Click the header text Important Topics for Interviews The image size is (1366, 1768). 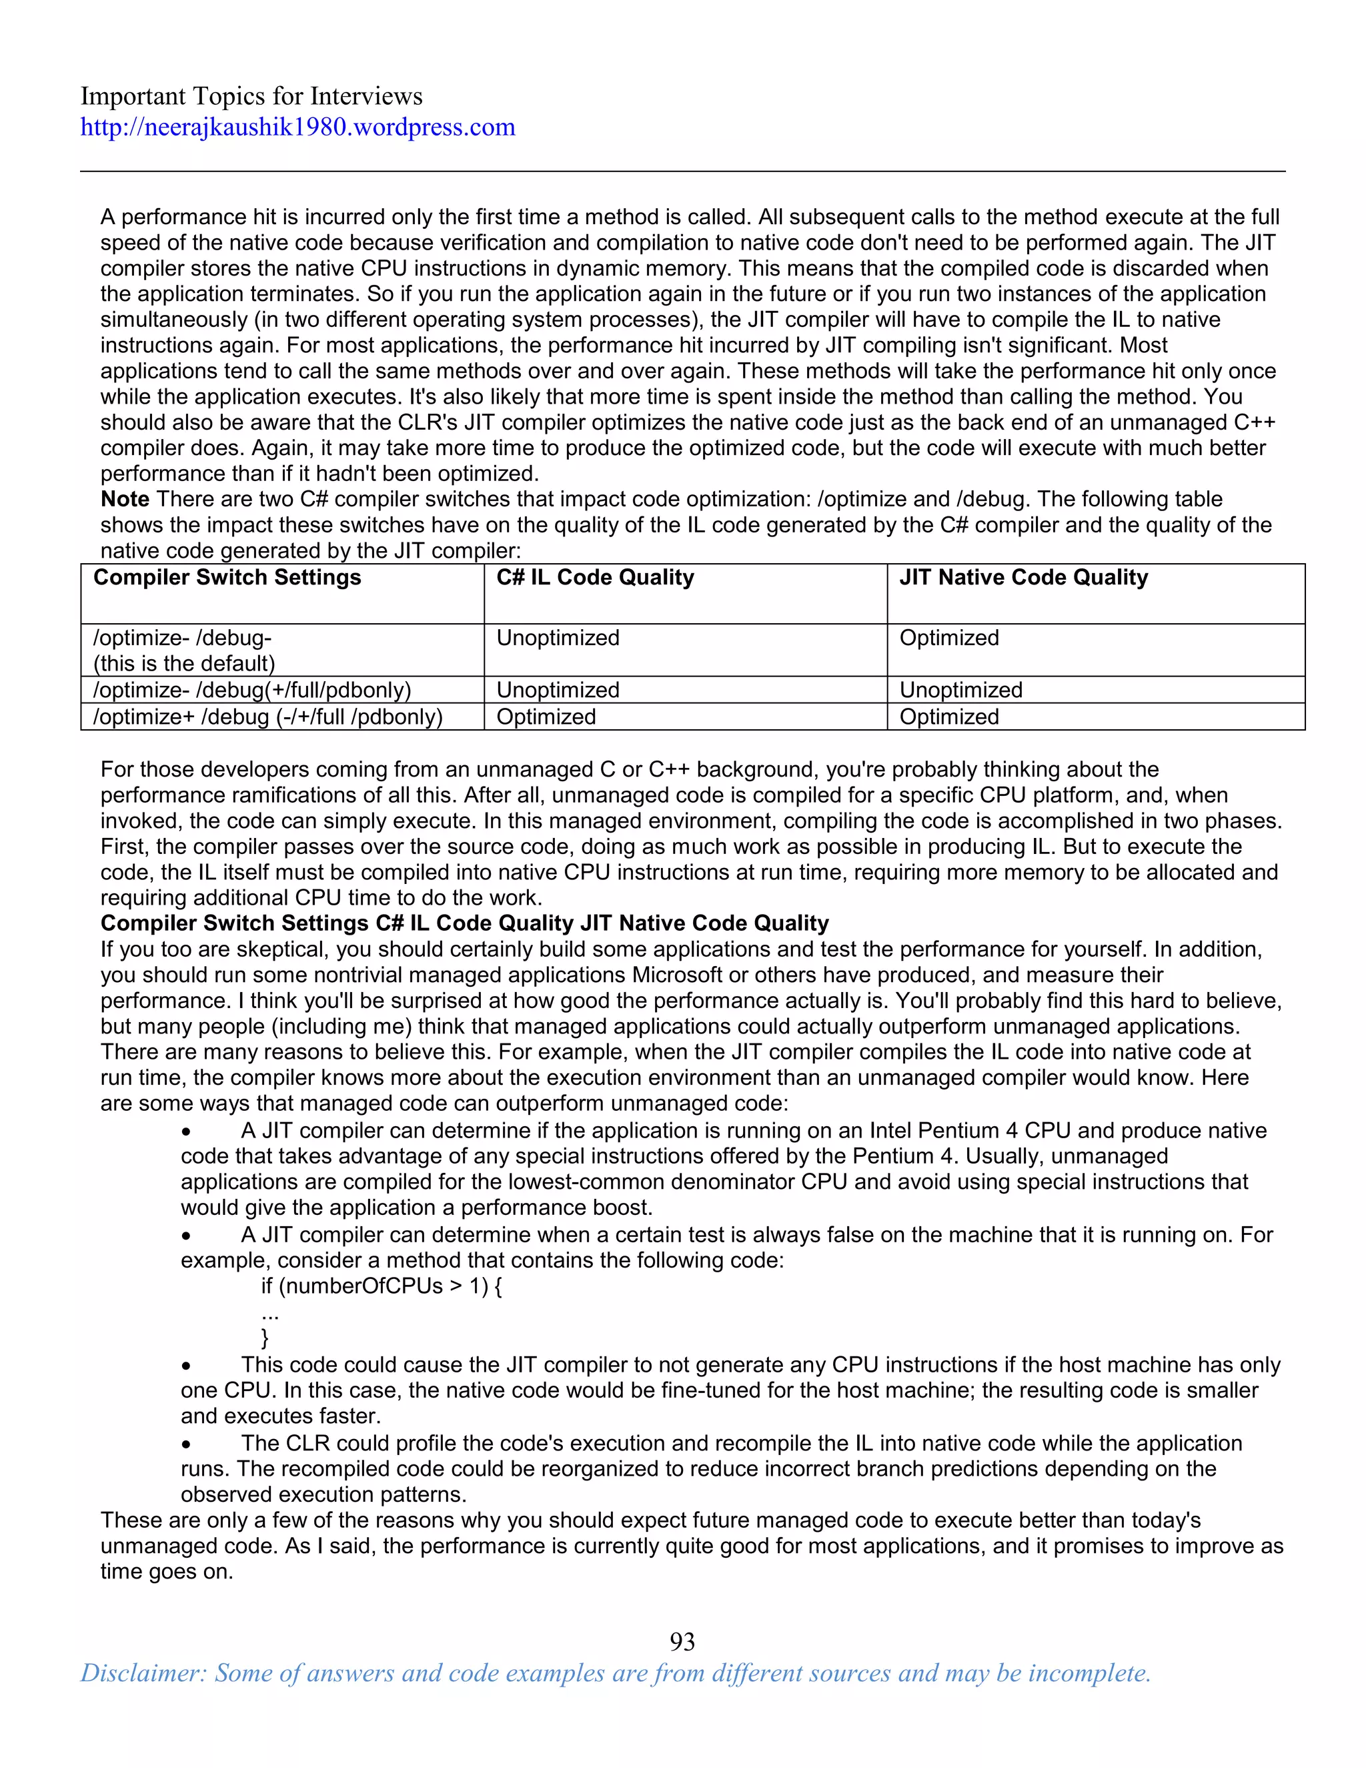click(x=251, y=96)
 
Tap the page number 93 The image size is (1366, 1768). click(x=682, y=1641)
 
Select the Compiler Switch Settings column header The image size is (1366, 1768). click(x=227, y=577)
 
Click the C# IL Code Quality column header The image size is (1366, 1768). click(x=595, y=577)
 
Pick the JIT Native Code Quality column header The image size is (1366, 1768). click(x=1023, y=577)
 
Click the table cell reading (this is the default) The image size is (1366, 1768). click(x=185, y=664)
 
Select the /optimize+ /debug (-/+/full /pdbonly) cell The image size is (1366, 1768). click(x=268, y=717)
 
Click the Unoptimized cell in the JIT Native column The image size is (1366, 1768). click(x=960, y=690)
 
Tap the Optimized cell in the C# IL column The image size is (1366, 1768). click(x=546, y=717)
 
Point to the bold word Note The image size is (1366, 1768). click(x=125, y=500)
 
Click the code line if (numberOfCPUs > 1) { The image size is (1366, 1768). click(x=381, y=1286)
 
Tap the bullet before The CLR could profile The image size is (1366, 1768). click(x=186, y=1444)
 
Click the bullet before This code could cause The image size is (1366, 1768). click(x=186, y=1366)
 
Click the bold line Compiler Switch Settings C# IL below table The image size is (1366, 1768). click(x=464, y=923)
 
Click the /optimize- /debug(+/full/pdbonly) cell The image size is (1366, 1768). click(x=251, y=690)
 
